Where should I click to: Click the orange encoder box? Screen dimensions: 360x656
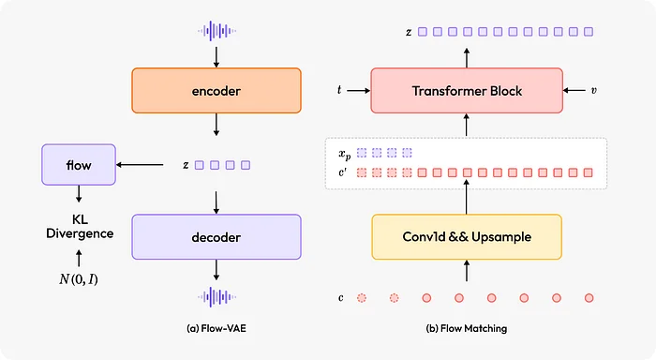pos(216,92)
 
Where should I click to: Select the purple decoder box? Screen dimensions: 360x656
pos(216,236)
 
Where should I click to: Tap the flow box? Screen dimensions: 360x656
pos(79,165)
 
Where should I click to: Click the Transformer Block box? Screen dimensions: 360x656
pos(466,91)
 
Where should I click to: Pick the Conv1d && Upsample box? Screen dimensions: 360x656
pos(466,236)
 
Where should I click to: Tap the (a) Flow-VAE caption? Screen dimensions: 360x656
pos(216,328)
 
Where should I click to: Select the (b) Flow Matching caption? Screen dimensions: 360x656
pos(466,328)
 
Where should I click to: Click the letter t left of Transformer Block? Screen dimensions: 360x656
pos(339,91)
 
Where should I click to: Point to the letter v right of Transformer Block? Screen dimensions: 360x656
pos(593,91)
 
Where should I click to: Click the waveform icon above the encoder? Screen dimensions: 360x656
pos(216,30)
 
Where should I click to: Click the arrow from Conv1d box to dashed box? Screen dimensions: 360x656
pos(466,200)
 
